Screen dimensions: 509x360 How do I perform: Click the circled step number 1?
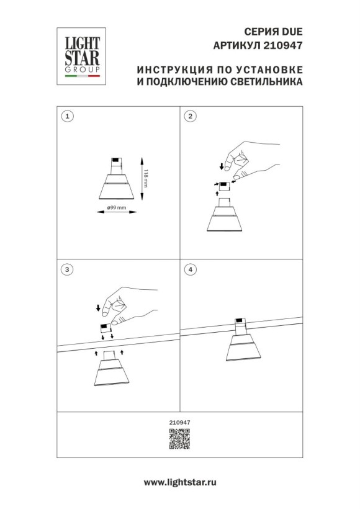68,116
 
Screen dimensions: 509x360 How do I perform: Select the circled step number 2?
191,116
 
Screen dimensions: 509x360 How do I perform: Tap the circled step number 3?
68,269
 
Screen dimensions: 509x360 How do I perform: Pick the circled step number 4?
191,269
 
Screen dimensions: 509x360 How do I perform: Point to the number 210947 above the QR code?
179,423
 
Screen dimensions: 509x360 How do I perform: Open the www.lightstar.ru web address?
179,482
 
